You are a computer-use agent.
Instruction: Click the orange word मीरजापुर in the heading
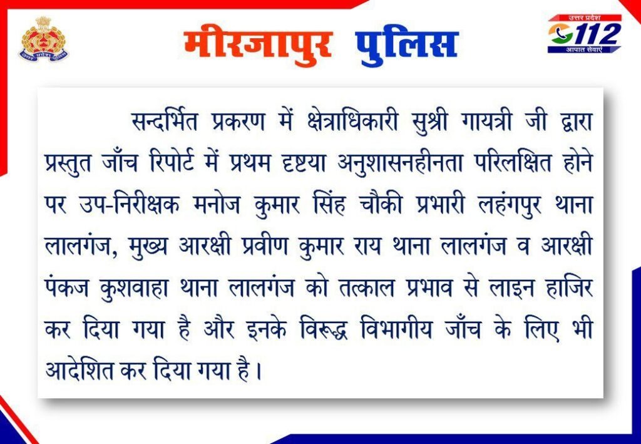[257, 45]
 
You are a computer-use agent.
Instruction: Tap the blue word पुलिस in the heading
[406, 46]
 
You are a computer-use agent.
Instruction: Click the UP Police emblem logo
[44, 39]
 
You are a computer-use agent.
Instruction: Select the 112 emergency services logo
[585, 34]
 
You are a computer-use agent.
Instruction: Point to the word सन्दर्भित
[165, 121]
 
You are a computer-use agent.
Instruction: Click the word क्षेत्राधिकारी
[352, 121]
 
